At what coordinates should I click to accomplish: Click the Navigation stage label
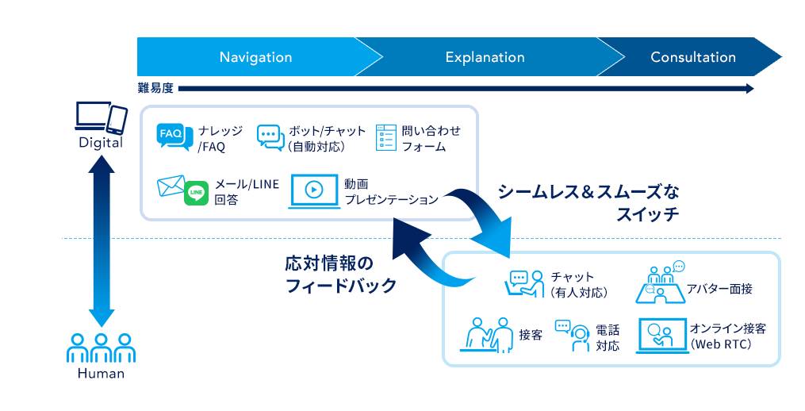pyautogui.click(x=255, y=57)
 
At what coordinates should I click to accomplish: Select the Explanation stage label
pyautogui.click(x=485, y=57)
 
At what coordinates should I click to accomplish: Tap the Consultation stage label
pyautogui.click(x=692, y=57)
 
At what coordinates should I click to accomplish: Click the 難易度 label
pyautogui.click(x=155, y=88)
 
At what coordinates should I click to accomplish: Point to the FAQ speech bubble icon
pyautogui.click(x=174, y=137)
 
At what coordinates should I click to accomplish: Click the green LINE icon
pyautogui.click(x=196, y=193)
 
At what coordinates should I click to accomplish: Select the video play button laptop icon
pyautogui.click(x=313, y=190)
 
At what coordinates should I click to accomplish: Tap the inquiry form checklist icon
pyautogui.click(x=385, y=138)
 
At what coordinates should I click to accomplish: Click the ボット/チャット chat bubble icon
pyautogui.click(x=270, y=138)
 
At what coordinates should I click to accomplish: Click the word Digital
pyautogui.click(x=101, y=143)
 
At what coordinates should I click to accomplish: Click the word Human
pyautogui.click(x=101, y=374)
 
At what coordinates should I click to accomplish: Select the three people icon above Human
pyautogui.click(x=101, y=348)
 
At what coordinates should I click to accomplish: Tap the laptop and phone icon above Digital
pyautogui.click(x=101, y=118)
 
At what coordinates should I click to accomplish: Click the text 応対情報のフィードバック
pyautogui.click(x=340, y=275)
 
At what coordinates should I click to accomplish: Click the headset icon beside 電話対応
pyautogui.click(x=577, y=337)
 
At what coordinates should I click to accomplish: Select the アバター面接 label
pyautogui.click(x=719, y=289)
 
